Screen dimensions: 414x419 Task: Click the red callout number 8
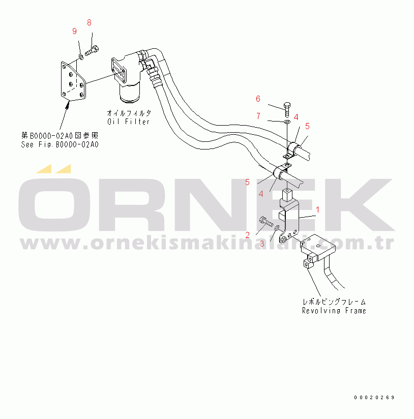tap(90, 23)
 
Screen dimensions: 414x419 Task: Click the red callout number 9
tap(75, 31)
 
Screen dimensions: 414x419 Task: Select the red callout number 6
tap(258, 99)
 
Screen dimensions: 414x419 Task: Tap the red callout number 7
tap(258, 116)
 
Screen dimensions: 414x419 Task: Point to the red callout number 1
tap(317, 210)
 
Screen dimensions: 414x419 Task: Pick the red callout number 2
tap(248, 235)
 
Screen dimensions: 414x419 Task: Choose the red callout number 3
tap(262, 244)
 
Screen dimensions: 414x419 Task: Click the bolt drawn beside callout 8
tap(92, 51)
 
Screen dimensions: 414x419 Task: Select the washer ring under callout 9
tap(81, 56)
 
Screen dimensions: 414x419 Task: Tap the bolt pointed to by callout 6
tap(287, 109)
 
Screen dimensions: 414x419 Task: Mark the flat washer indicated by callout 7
tap(287, 122)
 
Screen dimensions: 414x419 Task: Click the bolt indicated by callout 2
tap(266, 222)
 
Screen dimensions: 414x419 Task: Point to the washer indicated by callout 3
tap(277, 228)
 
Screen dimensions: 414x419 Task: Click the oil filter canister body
tap(130, 92)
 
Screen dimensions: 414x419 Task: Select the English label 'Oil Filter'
tap(128, 122)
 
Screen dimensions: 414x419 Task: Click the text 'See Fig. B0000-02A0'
tap(60, 144)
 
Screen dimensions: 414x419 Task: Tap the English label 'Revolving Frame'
tap(334, 311)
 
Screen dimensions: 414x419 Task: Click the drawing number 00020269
tap(374, 397)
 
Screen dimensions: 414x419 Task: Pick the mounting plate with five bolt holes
tap(73, 81)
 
